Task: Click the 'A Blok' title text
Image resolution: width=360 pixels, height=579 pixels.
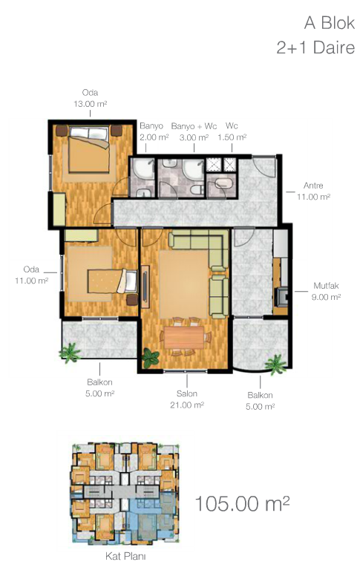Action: point(330,23)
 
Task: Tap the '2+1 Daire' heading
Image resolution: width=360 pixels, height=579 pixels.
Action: point(315,48)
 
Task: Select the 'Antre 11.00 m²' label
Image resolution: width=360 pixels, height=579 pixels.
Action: point(313,191)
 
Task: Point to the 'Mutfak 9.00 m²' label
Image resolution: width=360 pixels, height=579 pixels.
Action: point(326,291)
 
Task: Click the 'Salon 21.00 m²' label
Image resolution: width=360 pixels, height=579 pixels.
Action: point(187,399)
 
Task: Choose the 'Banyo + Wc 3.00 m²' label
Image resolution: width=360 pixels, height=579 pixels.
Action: point(194,131)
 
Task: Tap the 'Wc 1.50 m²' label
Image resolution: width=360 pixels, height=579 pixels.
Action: point(232,131)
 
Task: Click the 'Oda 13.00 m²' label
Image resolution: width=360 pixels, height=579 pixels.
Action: point(90,98)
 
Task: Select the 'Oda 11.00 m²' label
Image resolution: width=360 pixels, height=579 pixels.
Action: point(31,275)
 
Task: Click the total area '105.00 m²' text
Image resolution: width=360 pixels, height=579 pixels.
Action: point(242,504)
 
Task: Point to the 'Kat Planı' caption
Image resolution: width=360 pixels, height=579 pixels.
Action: point(125,556)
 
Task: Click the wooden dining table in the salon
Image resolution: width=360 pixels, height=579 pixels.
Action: point(184,337)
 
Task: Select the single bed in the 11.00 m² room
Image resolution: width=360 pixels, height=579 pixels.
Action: point(112,281)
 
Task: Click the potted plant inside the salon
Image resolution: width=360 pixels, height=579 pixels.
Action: point(150,358)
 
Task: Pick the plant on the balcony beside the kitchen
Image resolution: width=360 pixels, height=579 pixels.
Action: point(275,364)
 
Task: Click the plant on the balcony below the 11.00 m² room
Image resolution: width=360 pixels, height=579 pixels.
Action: point(70,353)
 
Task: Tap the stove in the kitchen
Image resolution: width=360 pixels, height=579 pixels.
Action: point(282,296)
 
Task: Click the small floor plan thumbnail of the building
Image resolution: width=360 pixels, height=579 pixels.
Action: point(125,493)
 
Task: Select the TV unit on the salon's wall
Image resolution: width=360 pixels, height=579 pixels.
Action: point(145,287)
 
